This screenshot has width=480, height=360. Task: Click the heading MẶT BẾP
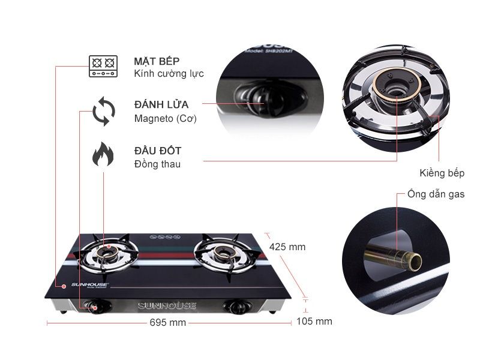tap(157, 61)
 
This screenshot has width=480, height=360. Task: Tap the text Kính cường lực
tap(169, 74)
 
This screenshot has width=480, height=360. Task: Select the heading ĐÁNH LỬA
tap(161, 104)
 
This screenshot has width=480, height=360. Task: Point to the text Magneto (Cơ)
tap(166, 119)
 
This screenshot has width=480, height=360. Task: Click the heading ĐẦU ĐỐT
tap(158, 151)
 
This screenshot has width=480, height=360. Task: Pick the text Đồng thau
tap(157, 164)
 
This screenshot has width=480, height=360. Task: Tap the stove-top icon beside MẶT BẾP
tap(103, 66)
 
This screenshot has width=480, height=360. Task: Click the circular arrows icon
tap(103, 112)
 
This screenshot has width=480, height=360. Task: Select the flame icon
tap(103, 155)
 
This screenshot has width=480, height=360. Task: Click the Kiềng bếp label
tap(442, 173)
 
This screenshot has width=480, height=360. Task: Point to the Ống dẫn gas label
tap(436, 194)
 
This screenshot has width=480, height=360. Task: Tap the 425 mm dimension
tap(287, 247)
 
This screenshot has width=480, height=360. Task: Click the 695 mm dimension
tap(167, 323)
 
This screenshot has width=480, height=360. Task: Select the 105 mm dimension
tap(314, 322)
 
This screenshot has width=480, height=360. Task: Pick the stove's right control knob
tap(235, 307)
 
